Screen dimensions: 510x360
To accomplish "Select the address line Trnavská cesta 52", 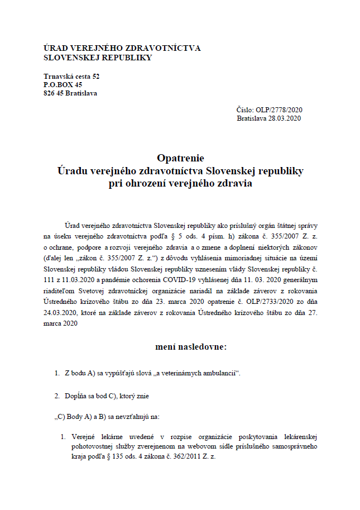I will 71,76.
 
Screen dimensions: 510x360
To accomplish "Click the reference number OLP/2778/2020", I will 278,110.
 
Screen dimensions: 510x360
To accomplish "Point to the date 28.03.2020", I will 285,118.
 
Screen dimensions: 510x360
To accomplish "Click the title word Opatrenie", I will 180,158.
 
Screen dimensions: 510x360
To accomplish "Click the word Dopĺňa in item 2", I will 76,396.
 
